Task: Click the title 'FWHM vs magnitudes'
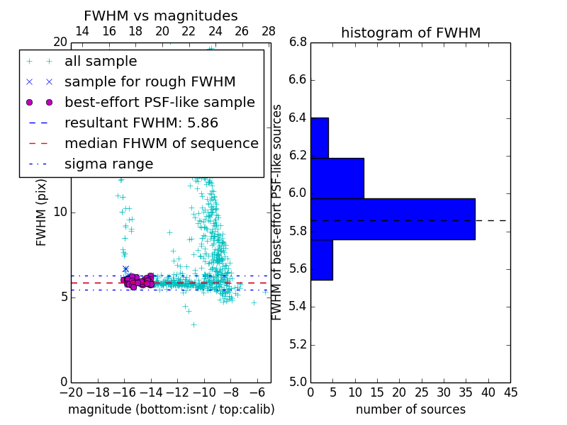point(161,16)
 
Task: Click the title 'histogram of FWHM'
point(410,33)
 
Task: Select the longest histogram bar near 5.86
point(393,219)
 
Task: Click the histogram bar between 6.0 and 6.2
point(337,178)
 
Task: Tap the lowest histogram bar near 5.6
point(321,260)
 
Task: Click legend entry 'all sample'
point(101,62)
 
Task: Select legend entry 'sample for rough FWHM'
point(150,81)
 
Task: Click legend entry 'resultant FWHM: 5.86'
point(141,123)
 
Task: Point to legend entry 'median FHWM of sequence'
point(161,143)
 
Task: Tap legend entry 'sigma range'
point(108,164)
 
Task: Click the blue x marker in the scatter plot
point(125,269)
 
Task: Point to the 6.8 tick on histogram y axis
point(298,42)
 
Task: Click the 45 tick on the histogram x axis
point(510,392)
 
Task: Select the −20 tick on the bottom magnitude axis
point(70,392)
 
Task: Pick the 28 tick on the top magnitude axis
point(269,31)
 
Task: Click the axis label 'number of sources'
point(410,409)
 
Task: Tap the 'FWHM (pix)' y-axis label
point(42,212)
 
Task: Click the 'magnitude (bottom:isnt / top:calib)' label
point(171,409)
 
